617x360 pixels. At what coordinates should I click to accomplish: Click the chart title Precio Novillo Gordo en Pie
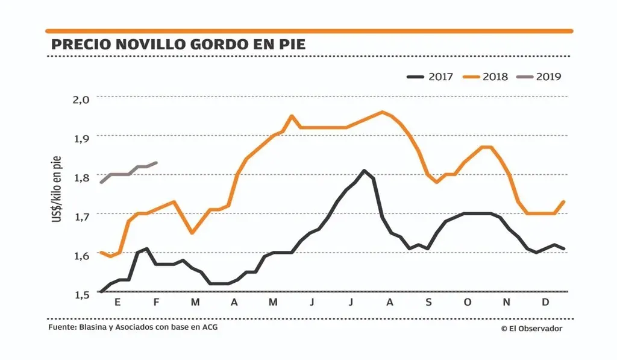[178, 44]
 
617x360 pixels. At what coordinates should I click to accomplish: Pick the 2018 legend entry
[485, 77]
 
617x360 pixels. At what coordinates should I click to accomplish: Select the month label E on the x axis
[117, 302]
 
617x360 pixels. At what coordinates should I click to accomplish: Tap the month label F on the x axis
[156, 302]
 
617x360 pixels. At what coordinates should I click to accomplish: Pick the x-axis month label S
[428, 302]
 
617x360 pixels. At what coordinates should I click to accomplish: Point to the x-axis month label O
[467, 302]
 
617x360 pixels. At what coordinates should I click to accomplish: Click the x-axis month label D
[545, 302]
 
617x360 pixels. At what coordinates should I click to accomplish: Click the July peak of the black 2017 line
[364, 171]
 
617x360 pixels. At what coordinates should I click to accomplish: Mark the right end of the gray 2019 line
[157, 162]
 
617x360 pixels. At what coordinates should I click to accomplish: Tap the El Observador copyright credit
[531, 329]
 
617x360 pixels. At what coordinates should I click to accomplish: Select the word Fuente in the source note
[61, 328]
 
